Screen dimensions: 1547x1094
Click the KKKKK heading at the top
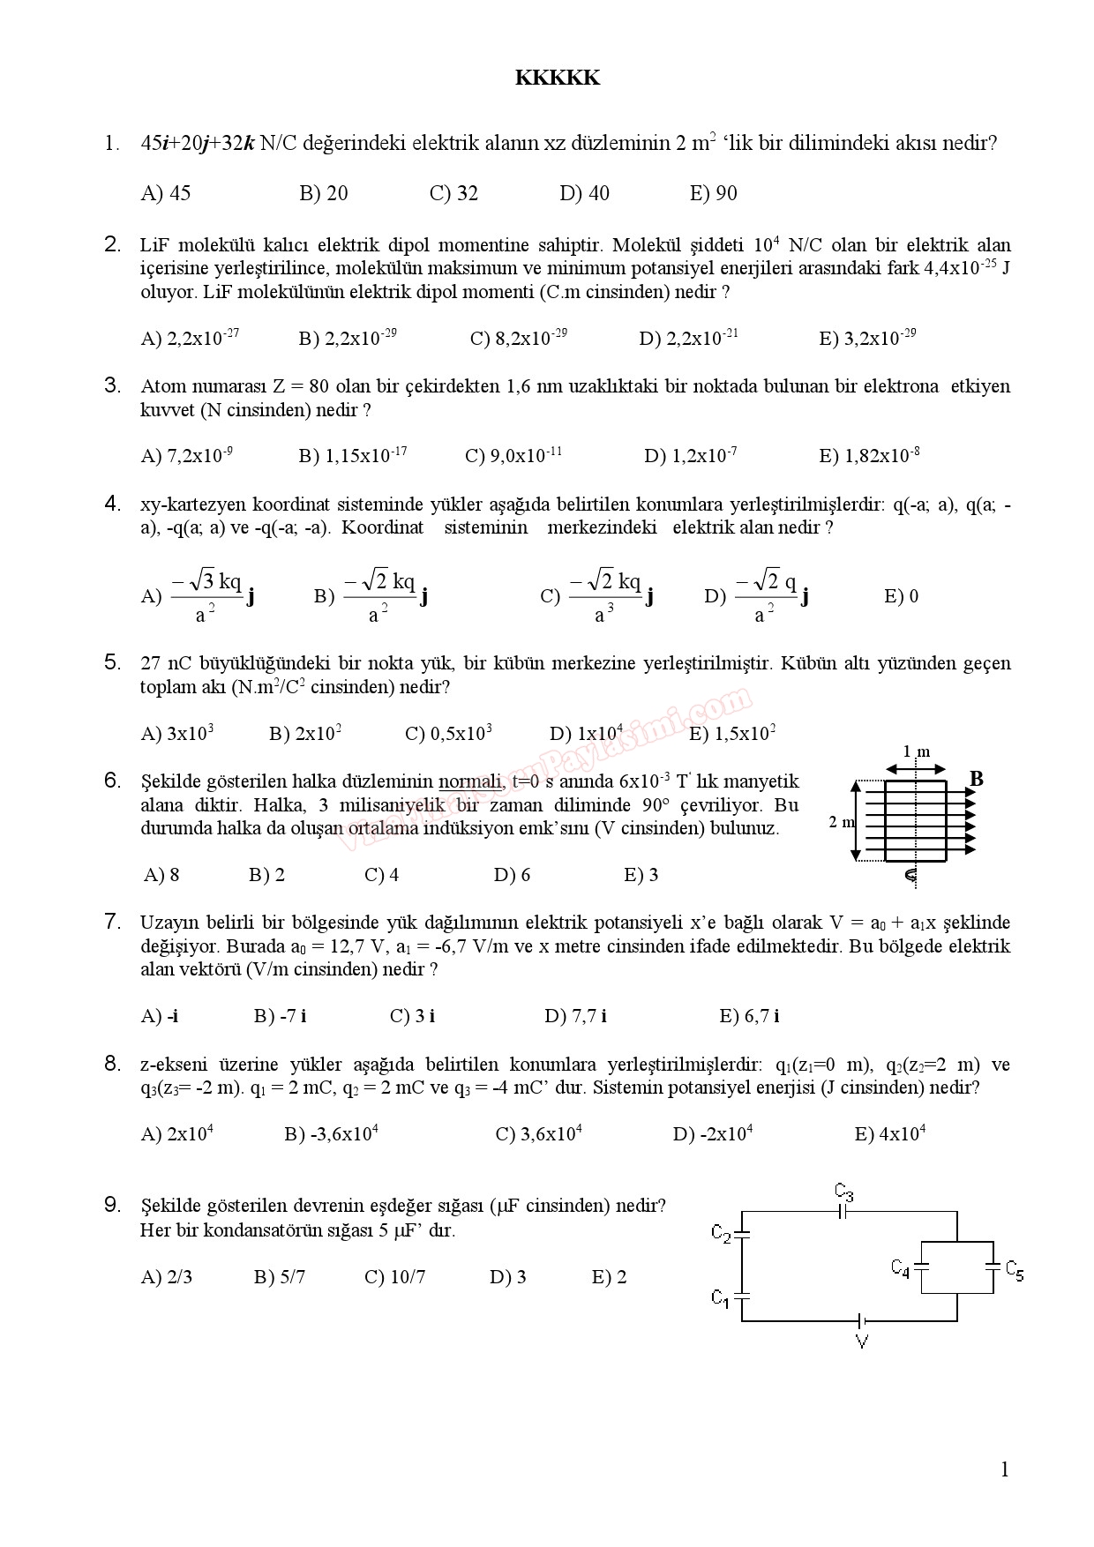[557, 78]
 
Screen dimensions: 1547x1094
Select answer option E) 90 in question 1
[713, 194]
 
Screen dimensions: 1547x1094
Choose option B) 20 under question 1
[324, 194]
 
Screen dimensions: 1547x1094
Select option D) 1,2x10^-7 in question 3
[691, 456]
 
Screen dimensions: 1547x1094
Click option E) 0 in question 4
[901, 597]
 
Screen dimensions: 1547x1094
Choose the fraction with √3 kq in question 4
[206, 597]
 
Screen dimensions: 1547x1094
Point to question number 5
[112, 662]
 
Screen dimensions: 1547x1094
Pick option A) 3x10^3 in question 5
[177, 734]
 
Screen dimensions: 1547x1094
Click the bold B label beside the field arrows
[977, 779]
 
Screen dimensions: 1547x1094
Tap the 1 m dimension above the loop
[917, 752]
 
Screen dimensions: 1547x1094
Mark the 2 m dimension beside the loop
[841, 822]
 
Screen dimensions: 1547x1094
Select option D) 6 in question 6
[512, 876]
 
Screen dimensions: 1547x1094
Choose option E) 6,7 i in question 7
[749, 1017]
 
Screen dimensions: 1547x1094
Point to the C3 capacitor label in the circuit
[844, 1192]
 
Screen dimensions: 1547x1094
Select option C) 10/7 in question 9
[394, 1278]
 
